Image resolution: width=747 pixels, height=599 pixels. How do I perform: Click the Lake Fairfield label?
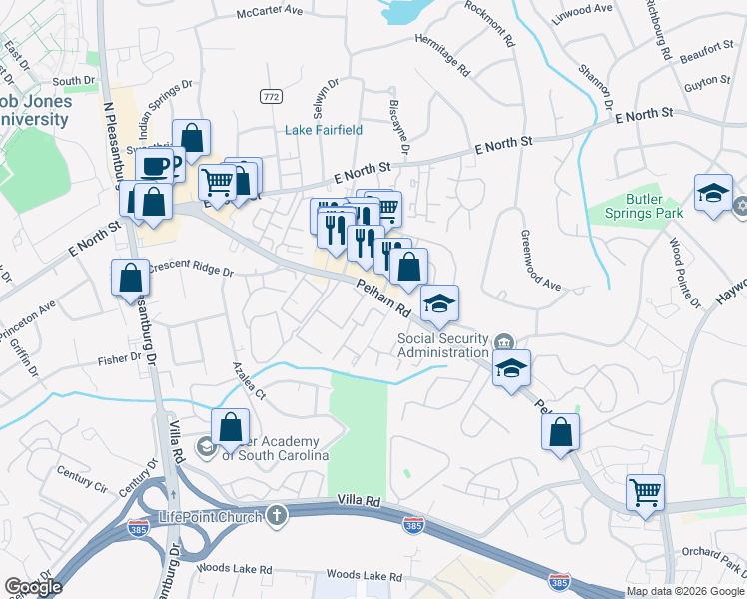(x=324, y=130)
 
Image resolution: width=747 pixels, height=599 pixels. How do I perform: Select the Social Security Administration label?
(x=443, y=345)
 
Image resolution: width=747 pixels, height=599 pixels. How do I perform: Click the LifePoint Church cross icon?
(x=276, y=515)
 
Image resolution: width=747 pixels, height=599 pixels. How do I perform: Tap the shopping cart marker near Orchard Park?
(x=646, y=491)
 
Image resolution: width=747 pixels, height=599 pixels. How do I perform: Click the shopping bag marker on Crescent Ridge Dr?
(x=131, y=278)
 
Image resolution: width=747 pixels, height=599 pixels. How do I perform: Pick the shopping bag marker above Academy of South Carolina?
(x=231, y=427)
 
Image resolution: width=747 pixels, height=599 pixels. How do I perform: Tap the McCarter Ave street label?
(x=269, y=11)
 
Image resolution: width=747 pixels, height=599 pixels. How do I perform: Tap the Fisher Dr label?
(x=121, y=357)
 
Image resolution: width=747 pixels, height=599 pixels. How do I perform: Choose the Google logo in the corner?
(x=32, y=587)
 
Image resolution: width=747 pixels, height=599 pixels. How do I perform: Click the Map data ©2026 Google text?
(x=686, y=592)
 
